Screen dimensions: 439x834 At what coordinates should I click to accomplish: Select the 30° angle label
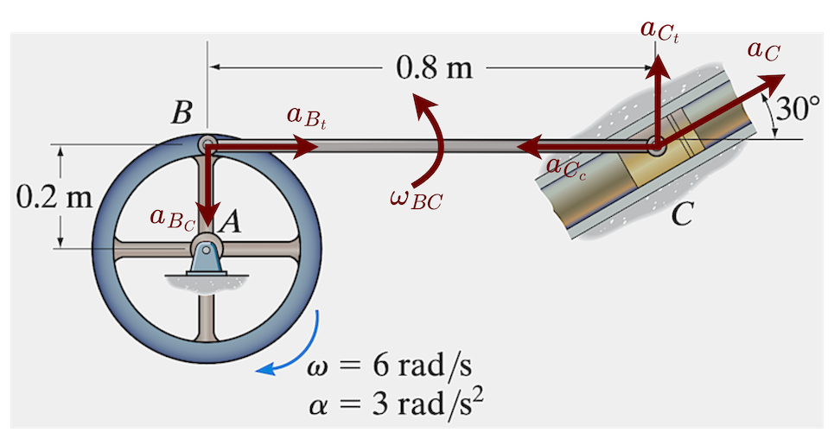coord(799,109)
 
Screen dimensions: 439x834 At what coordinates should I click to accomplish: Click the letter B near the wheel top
coord(181,113)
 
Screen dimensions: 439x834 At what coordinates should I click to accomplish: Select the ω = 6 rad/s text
coord(389,364)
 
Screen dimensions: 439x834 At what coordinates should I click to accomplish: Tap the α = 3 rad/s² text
coord(394,403)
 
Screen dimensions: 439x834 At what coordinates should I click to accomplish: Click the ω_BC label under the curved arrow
coord(416,200)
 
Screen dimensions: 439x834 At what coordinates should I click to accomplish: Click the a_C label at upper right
coord(763,50)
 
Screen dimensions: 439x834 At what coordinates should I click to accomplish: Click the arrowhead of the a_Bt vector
coord(309,149)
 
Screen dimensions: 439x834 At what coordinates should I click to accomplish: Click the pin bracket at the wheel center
coord(206,257)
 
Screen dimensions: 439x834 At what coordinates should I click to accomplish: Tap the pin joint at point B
coord(206,144)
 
